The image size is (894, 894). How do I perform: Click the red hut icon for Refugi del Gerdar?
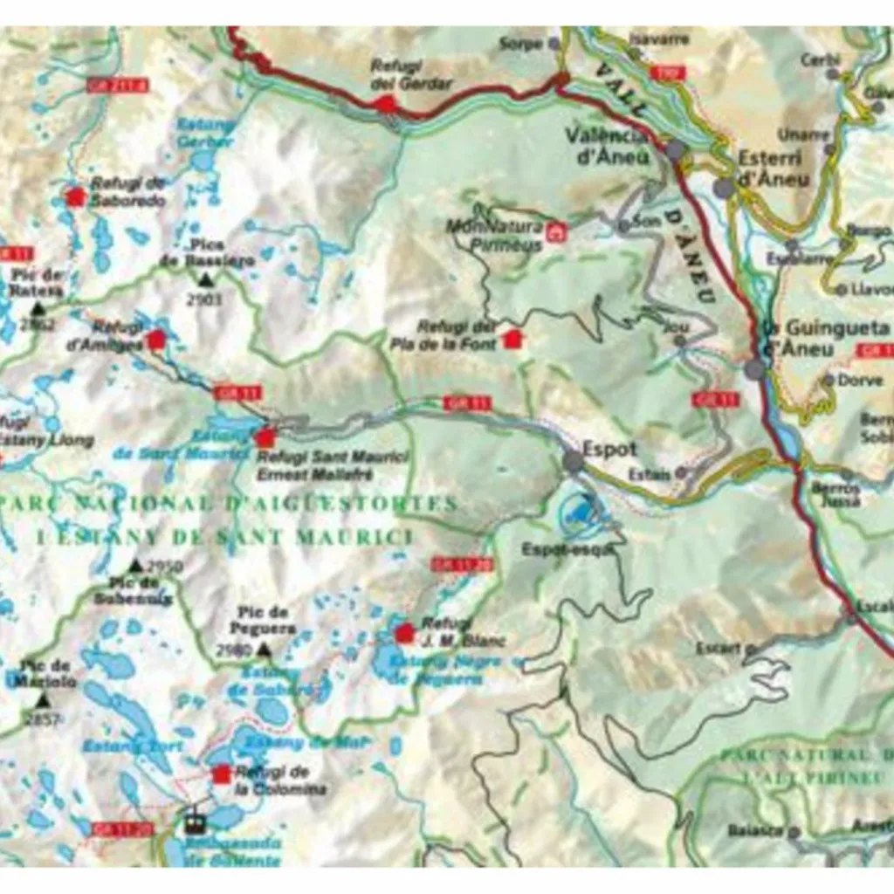[385, 104]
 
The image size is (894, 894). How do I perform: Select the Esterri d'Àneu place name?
[774, 170]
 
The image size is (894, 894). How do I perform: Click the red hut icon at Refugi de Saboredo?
[76, 197]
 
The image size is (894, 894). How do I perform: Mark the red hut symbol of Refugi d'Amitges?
[156, 340]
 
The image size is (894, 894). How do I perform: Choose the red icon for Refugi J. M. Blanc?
[404, 633]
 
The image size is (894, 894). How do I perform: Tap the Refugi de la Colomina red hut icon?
[222, 774]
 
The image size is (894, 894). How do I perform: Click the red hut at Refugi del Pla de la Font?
[512, 339]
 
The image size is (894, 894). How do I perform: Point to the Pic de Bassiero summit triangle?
[205, 279]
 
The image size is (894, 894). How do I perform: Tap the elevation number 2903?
[205, 299]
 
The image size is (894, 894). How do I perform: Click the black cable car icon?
[194, 822]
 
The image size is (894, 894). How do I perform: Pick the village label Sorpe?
[521, 43]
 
